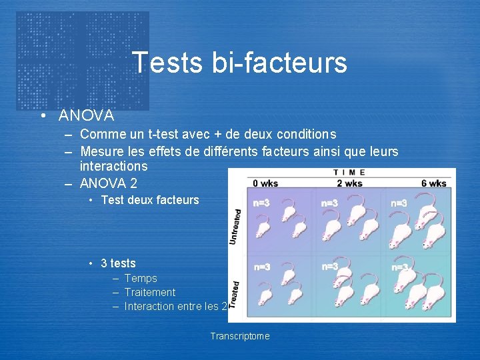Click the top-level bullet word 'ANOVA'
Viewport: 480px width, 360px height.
86,116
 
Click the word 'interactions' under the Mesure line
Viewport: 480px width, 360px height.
113,165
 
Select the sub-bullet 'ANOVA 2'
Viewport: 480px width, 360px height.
109,183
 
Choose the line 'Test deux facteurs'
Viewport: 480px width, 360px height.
150,199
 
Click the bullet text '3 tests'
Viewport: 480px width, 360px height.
118,263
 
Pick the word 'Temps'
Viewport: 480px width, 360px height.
141,278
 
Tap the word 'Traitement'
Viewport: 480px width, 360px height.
150,292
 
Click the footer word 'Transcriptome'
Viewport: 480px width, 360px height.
240,336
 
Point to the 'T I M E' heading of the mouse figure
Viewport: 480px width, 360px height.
348,172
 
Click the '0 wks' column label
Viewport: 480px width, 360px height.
265,183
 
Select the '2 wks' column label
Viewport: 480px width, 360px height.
349,183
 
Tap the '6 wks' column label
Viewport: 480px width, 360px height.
433,183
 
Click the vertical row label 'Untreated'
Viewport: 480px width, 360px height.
235,226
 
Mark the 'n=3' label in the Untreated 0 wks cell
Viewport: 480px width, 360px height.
261,203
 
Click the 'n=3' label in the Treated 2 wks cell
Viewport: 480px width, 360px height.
330,266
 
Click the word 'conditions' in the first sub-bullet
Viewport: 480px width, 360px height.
303,135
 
